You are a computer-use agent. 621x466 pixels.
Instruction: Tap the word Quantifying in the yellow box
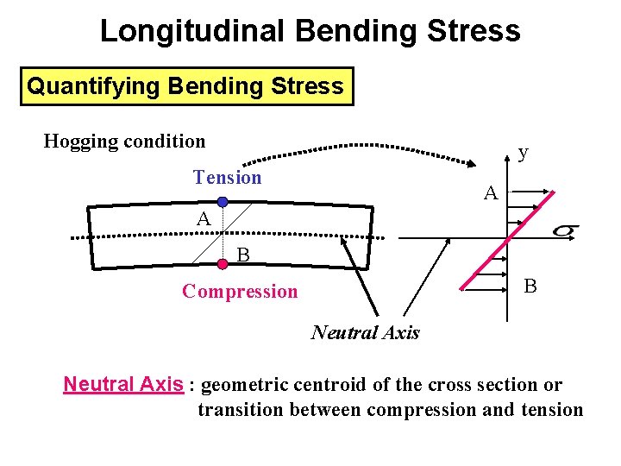pyautogui.click(x=93, y=86)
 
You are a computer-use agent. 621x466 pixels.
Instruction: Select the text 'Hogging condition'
pyautogui.click(x=124, y=141)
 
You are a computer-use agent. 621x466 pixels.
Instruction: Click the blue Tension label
pyautogui.click(x=227, y=178)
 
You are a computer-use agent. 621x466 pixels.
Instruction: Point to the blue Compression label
pyautogui.click(x=240, y=292)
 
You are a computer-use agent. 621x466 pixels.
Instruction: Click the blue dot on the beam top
pyautogui.click(x=223, y=202)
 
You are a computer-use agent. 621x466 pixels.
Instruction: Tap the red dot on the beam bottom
pyautogui.click(x=223, y=264)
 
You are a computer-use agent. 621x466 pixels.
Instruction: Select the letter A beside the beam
pyautogui.click(x=203, y=220)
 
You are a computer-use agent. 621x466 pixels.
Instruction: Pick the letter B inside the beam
pyautogui.click(x=243, y=255)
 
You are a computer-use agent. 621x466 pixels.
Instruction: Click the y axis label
pyautogui.click(x=523, y=153)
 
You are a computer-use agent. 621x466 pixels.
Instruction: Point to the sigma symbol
pyautogui.click(x=564, y=230)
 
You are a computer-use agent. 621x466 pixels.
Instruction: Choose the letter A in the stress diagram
pyautogui.click(x=490, y=193)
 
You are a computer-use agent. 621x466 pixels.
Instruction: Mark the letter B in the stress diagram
pyautogui.click(x=530, y=286)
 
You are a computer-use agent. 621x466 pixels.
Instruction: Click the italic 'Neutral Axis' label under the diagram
pyautogui.click(x=365, y=332)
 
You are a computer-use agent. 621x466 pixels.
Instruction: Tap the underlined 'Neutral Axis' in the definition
pyautogui.click(x=123, y=384)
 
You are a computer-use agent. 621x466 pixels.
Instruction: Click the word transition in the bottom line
pyautogui.click(x=241, y=410)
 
